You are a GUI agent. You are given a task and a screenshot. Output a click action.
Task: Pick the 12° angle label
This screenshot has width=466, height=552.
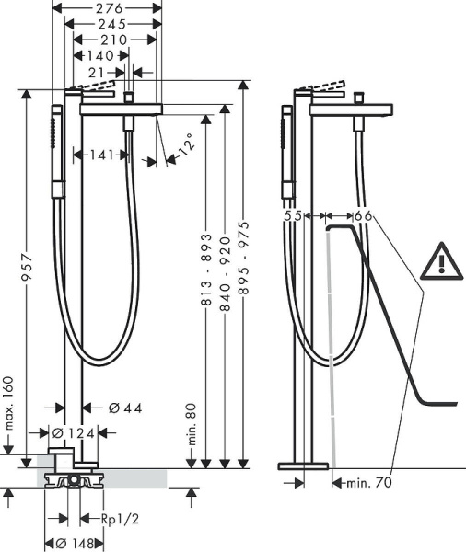[185, 146]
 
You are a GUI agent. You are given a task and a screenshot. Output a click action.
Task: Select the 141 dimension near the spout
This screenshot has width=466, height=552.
[102, 155]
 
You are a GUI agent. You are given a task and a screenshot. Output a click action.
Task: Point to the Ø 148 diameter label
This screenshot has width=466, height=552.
[76, 543]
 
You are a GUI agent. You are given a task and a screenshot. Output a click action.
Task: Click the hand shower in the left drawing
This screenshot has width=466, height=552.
[56, 149]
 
